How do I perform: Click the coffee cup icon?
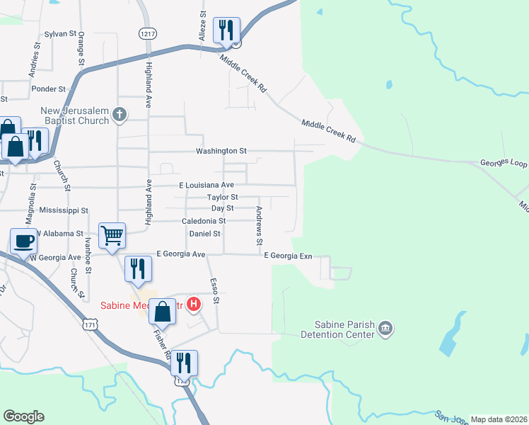pyautogui.click(x=23, y=241)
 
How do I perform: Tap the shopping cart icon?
pyautogui.click(x=112, y=235)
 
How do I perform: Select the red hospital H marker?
pyautogui.click(x=194, y=305)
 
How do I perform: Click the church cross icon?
pyautogui.click(x=120, y=113)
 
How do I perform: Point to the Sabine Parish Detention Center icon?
pyautogui.click(x=385, y=328)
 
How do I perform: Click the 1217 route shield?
pyautogui.click(x=148, y=33)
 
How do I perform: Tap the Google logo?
pyautogui.click(x=23, y=416)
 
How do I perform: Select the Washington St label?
pyautogui.click(x=221, y=151)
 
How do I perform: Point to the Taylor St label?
pyautogui.click(x=223, y=197)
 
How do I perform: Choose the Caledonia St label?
pyautogui.click(x=204, y=221)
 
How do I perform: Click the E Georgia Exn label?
pyautogui.click(x=288, y=256)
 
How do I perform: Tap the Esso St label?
pyautogui.click(x=215, y=291)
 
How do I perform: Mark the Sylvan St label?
pyautogui.click(x=60, y=33)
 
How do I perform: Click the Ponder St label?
pyautogui.click(x=49, y=89)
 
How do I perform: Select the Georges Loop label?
pyautogui.click(x=504, y=162)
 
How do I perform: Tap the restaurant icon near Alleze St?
pyautogui.click(x=226, y=30)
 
